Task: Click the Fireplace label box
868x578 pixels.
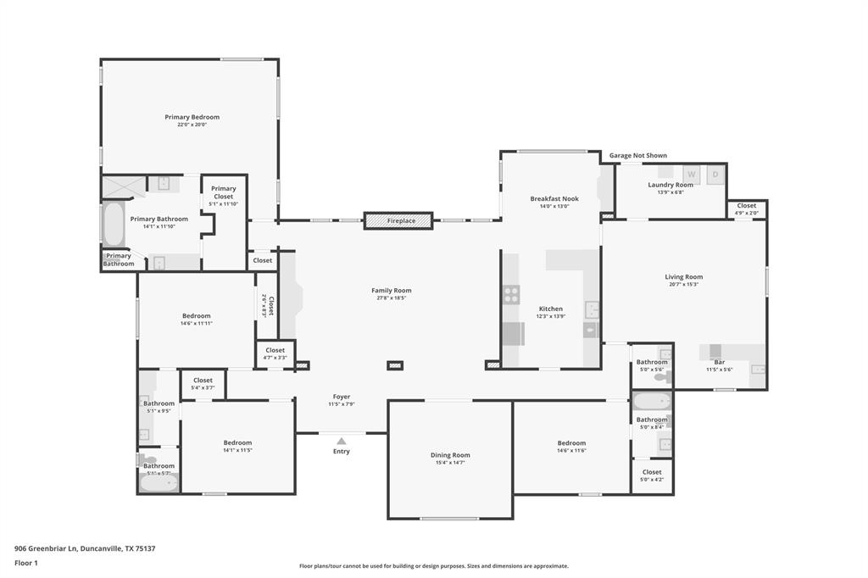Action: pos(398,220)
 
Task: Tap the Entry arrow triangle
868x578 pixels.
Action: pos(341,441)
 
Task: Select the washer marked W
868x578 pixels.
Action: pos(691,175)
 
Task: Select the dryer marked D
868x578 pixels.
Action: pos(715,175)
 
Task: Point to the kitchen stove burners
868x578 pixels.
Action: pos(511,295)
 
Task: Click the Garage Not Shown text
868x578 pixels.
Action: pos(637,156)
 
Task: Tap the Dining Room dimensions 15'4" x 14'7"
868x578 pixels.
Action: pos(450,463)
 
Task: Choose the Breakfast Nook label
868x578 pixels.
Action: pos(554,198)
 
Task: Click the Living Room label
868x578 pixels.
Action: pos(683,277)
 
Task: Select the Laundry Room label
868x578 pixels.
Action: pos(670,185)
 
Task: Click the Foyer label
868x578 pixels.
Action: pos(341,397)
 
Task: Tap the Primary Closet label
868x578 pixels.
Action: pos(224,192)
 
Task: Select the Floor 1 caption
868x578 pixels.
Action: pos(27,563)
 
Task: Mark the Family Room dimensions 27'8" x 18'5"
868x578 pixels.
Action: pos(391,297)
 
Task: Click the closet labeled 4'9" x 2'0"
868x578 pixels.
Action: pos(746,208)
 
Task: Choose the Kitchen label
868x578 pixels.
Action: pos(550,308)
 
